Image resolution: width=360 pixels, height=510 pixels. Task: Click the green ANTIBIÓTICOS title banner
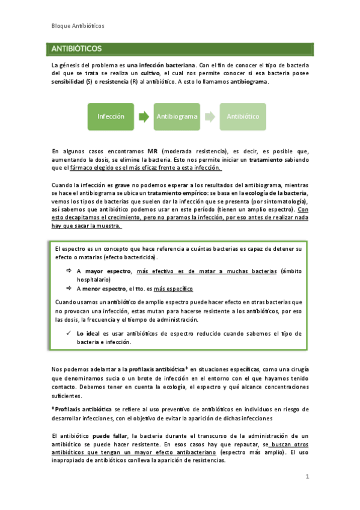[180, 48]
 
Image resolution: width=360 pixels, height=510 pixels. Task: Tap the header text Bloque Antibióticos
[78, 26]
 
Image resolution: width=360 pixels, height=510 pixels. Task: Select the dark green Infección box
[111, 116]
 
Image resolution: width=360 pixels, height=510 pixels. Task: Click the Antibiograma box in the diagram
[177, 116]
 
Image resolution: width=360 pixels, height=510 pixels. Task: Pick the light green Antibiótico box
[242, 116]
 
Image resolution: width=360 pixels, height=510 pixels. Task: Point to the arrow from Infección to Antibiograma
[144, 116]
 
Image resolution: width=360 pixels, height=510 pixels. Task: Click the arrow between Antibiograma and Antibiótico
[209, 116]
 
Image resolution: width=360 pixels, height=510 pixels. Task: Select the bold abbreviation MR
[153, 150]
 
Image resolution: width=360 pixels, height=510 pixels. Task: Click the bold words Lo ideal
[88, 333]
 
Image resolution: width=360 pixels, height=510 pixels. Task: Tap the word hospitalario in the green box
[94, 280]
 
